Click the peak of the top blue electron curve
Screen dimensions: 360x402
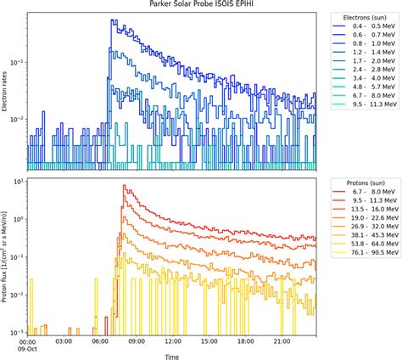pyautogui.click(x=112, y=20)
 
